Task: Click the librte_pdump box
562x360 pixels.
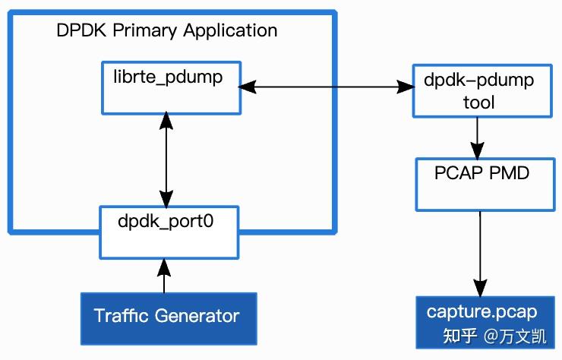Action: [x=171, y=88]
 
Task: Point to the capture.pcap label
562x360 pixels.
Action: [x=481, y=312]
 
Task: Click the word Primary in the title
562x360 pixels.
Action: [x=149, y=31]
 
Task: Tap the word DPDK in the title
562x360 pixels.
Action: [x=78, y=31]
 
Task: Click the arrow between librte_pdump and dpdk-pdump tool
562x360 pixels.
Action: [x=327, y=88]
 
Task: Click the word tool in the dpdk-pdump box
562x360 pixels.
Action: [x=478, y=101]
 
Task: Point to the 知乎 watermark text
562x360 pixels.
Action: [x=460, y=336]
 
